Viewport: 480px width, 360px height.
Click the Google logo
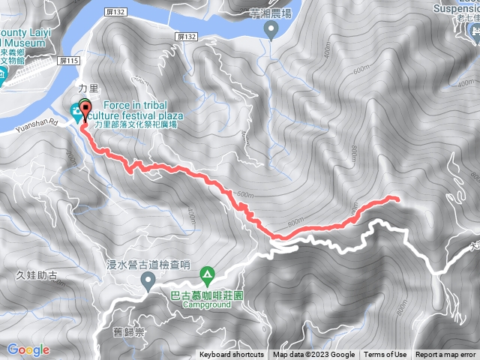coord(29,349)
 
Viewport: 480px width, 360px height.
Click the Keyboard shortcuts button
coord(231,355)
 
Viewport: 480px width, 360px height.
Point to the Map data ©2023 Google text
coord(313,355)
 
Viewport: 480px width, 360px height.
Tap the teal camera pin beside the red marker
coord(76,112)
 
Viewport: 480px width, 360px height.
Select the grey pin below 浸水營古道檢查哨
coord(148,281)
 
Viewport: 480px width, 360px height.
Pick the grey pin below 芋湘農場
coord(271,28)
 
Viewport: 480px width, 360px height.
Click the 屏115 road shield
coord(69,61)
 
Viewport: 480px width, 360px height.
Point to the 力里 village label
coord(87,87)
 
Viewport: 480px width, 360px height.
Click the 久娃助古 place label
coord(37,275)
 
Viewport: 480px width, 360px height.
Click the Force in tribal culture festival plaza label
coord(135,111)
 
